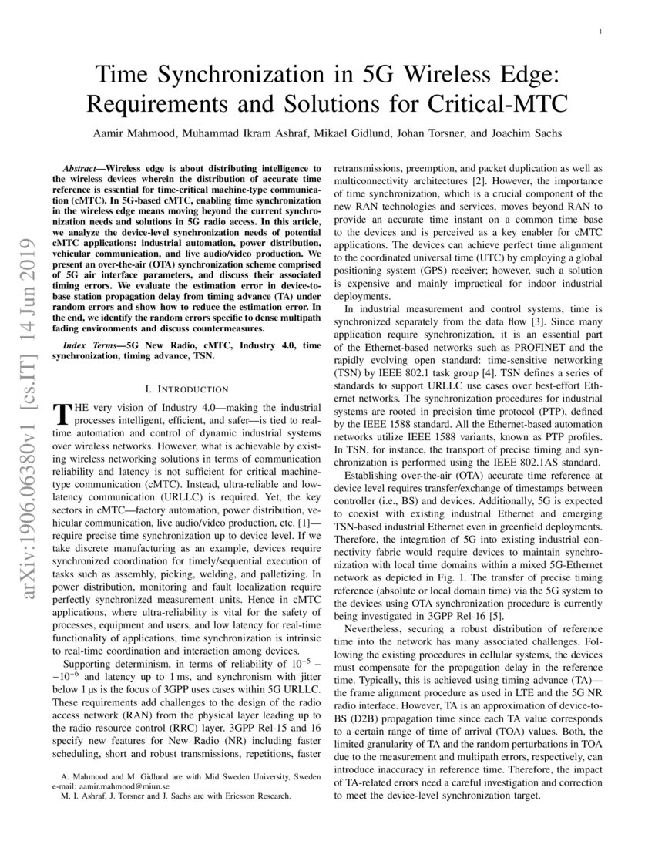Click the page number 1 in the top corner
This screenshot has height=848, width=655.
tap(600, 32)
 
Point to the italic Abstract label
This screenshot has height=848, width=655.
tap(82, 167)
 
